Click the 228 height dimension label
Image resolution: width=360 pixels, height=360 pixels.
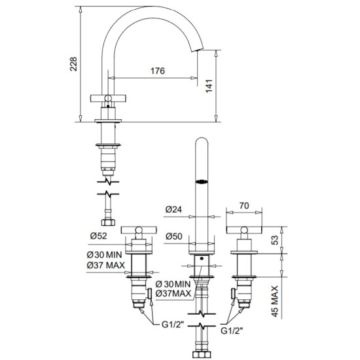74,64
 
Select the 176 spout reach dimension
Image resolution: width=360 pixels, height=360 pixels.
158,71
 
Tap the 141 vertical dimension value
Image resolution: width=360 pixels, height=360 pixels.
209,86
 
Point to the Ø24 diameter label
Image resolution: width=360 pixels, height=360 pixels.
173,209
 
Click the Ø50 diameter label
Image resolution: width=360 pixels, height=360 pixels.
174,236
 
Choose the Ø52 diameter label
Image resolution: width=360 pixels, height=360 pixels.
98,236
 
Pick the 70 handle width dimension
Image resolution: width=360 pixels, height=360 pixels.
244,206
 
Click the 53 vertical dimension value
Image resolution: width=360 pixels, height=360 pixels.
275,240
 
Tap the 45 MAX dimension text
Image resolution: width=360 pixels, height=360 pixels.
275,301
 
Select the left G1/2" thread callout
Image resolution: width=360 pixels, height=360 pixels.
173,325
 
